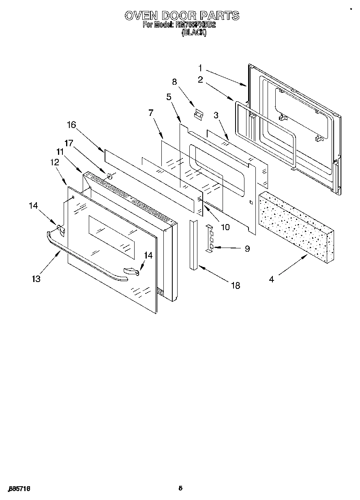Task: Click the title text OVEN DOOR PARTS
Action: click(181, 16)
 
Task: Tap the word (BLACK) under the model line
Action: click(194, 34)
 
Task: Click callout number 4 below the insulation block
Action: click(272, 279)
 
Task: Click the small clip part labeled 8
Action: click(198, 115)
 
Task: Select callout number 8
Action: click(175, 81)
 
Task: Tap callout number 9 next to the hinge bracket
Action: click(247, 249)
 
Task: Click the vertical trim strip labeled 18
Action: click(193, 244)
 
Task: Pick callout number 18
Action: click(235, 286)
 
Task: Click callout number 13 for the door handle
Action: click(36, 279)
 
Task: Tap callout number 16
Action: click(71, 125)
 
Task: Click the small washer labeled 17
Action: click(109, 176)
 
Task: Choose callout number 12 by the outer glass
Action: click(54, 162)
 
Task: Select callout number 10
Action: click(225, 227)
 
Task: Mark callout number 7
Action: click(151, 113)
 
